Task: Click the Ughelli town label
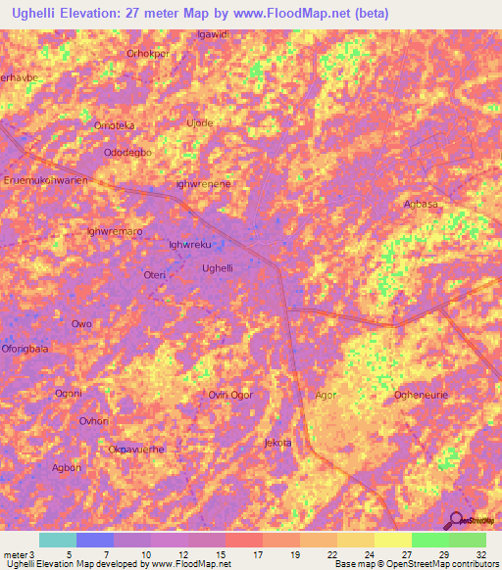click(x=217, y=267)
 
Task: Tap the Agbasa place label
click(x=421, y=204)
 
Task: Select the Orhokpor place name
click(x=148, y=53)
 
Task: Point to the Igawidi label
click(x=213, y=34)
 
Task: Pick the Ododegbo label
click(x=127, y=153)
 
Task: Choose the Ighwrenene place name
click(x=203, y=183)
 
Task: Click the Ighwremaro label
click(x=115, y=231)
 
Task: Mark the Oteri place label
click(x=155, y=276)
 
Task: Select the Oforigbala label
click(x=25, y=348)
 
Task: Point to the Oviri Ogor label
click(x=230, y=395)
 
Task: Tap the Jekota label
click(x=278, y=443)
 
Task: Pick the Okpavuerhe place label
click(x=135, y=449)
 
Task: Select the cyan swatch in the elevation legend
click(x=58, y=540)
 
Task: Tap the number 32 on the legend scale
click(x=478, y=553)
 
